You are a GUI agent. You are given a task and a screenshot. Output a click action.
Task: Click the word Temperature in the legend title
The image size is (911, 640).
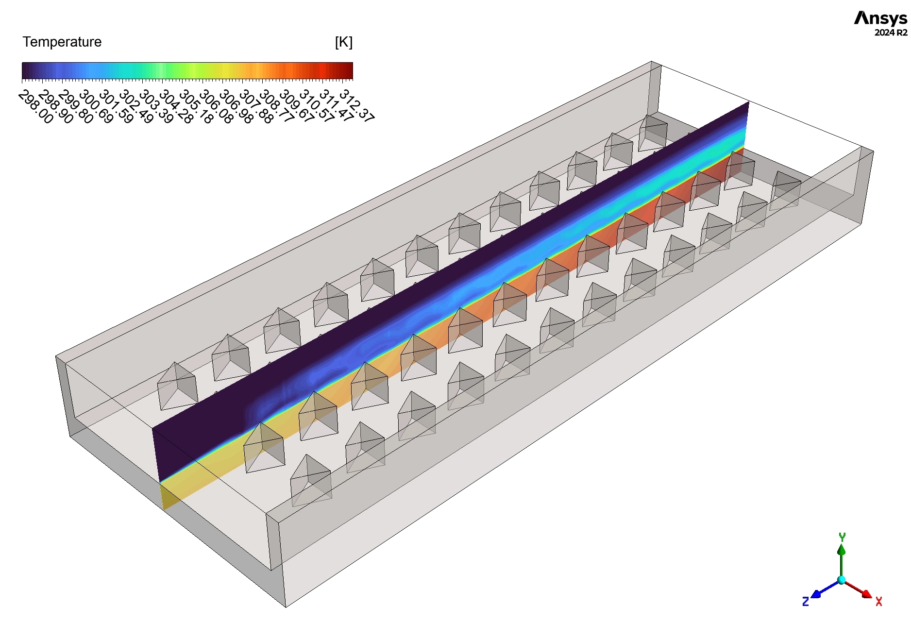pyautogui.click(x=62, y=42)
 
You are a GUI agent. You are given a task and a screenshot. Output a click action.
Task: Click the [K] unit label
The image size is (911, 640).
pyautogui.click(x=343, y=42)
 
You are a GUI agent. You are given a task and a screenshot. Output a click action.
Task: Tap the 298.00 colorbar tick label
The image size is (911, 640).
pyautogui.click(x=35, y=107)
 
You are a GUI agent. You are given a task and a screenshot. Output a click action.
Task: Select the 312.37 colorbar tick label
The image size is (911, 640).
pyautogui.click(x=356, y=105)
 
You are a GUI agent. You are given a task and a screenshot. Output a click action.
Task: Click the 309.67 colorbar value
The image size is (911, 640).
pyautogui.click(x=296, y=106)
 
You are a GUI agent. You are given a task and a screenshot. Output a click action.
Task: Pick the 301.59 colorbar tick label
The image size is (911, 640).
pyautogui.click(x=116, y=107)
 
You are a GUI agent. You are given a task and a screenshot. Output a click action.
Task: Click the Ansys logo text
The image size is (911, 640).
pyautogui.click(x=880, y=18)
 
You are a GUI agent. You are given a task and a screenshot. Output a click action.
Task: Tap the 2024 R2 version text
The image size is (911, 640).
pyautogui.click(x=890, y=33)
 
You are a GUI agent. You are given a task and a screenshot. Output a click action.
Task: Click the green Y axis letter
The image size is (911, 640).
pyautogui.click(x=842, y=537)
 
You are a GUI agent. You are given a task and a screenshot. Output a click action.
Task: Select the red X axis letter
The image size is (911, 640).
pyautogui.click(x=878, y=602)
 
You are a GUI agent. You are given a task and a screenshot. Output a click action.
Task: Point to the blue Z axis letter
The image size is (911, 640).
pyautogui.click(x=805, y=602)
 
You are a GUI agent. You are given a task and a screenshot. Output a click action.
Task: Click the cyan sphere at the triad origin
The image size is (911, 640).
pyautogui.click(x=842, y=580)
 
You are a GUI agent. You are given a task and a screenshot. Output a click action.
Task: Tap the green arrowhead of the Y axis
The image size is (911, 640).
pyautogui.click(x=842, y=549)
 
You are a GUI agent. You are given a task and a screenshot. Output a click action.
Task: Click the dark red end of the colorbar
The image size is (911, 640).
pyautogui.click(x=349, y=71)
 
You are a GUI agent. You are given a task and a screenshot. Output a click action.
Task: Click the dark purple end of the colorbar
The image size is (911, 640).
pyautogui.click(x=26, y=71)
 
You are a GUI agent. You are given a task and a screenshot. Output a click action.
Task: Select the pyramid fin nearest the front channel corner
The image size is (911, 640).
pyautogui.click(x=311, y=481)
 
